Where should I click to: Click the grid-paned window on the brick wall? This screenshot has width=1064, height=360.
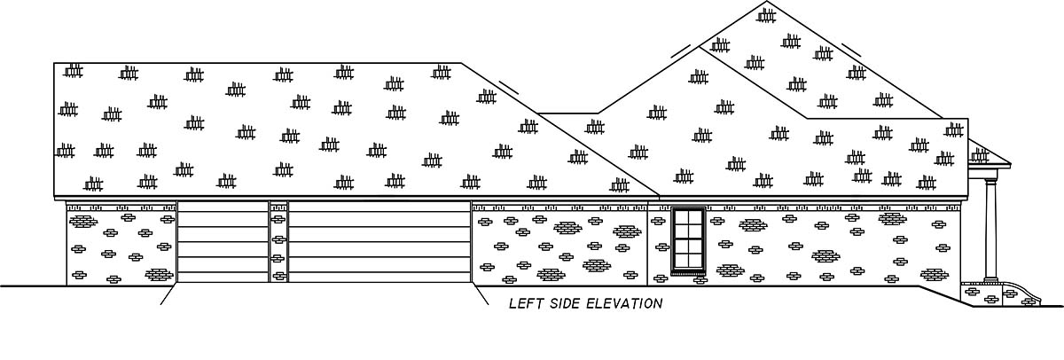pyautogui.click(x=688, y=239)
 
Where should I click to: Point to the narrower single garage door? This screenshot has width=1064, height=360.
pyautogui.click(x=223, y=242)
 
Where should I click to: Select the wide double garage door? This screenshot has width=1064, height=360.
pyautogui.click(x=379, y=242)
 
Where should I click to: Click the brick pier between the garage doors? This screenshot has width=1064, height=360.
pyautogui.click(x=278, y=242)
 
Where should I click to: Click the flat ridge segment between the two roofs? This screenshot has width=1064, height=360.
pyautogui.click(x=567, y=113)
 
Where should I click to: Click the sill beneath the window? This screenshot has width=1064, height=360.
pyautogui.click(x=688, y=273)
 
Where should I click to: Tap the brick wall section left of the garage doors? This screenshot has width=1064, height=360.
pyautogui.click(x=121, y=244)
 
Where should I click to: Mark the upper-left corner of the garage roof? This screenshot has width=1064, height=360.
pyautogui.click(x=55, y=64)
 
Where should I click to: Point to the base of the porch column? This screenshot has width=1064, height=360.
pyautogui.click(x=991, y=280)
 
